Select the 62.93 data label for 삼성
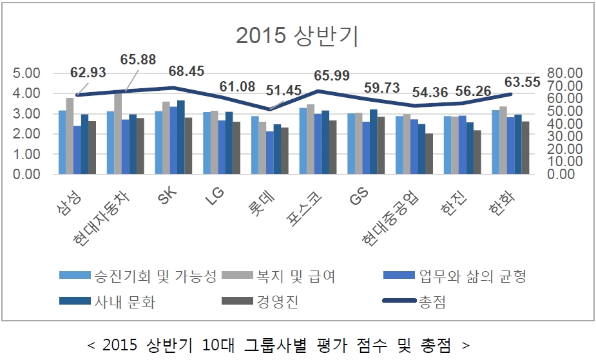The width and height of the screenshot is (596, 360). [x=88, y=72]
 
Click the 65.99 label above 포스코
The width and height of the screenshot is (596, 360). [x=331, y=75]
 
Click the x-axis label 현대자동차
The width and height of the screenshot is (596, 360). [x=103, y=219]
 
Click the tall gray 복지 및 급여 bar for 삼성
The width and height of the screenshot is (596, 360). [x=70, y=136]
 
